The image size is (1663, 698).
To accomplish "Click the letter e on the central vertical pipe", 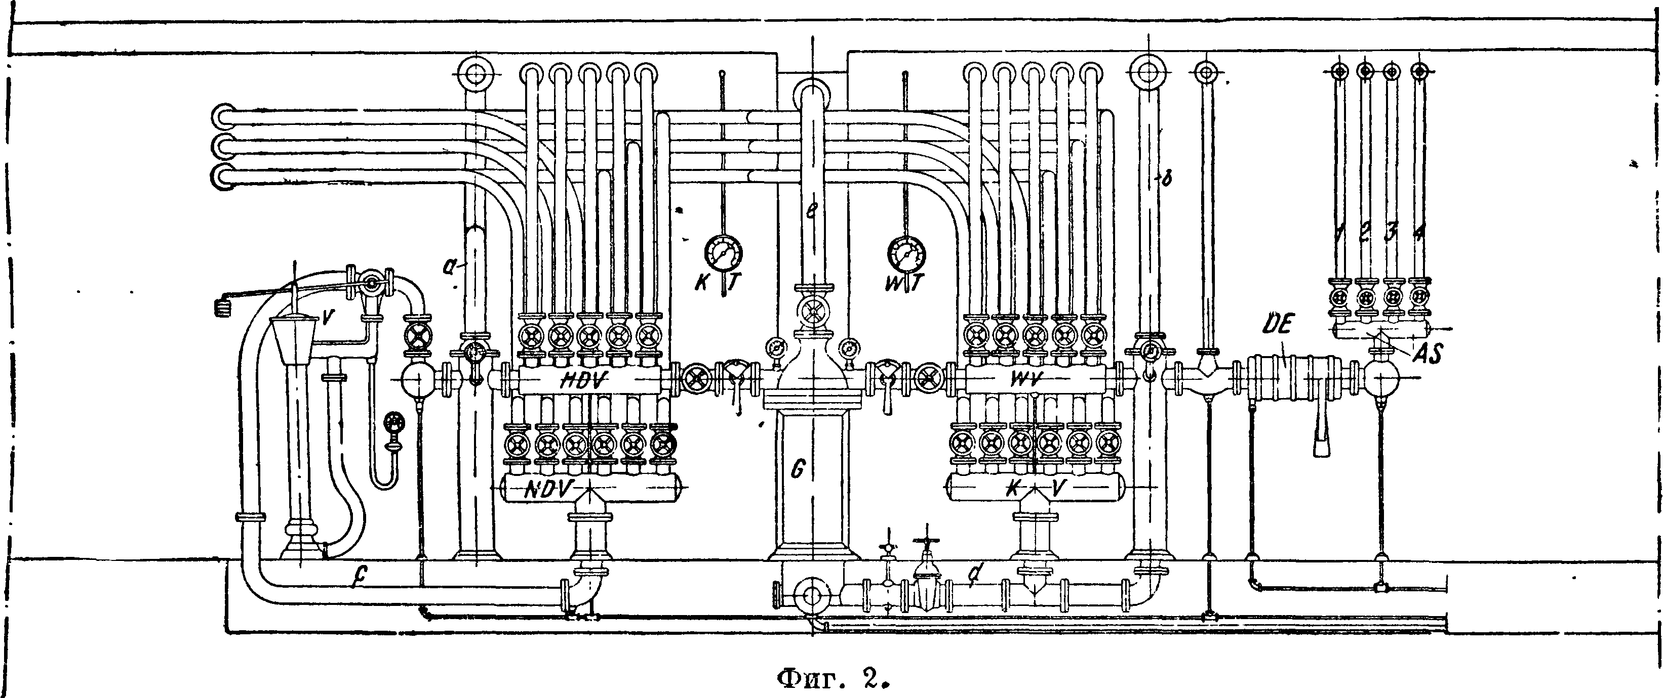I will coord(811,213).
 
